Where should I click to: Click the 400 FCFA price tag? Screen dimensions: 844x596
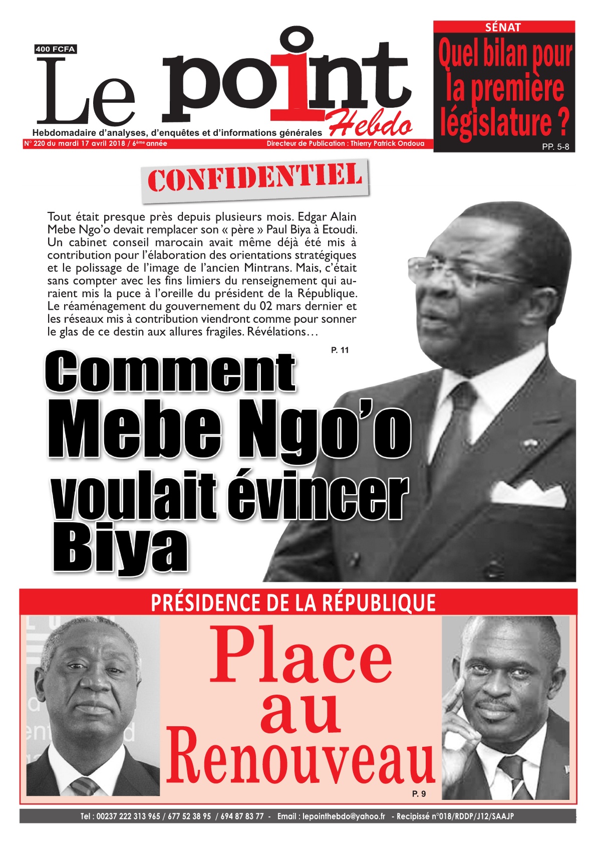point(55,49)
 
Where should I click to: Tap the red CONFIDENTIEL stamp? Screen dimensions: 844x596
point(255,178)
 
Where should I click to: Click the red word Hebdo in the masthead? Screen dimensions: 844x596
point(371,125)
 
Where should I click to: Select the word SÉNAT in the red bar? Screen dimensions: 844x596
point(503,28)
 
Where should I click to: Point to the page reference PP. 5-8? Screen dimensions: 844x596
point(555,147)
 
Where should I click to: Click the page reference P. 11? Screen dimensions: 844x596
point(340,350)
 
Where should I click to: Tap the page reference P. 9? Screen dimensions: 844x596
point(419,793)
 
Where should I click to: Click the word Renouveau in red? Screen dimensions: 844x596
point(301,757)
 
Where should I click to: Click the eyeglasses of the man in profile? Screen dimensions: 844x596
point(451,271)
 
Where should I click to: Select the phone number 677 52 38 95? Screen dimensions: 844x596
point(189,816)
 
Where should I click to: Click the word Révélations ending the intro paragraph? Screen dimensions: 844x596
point(282,332)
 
